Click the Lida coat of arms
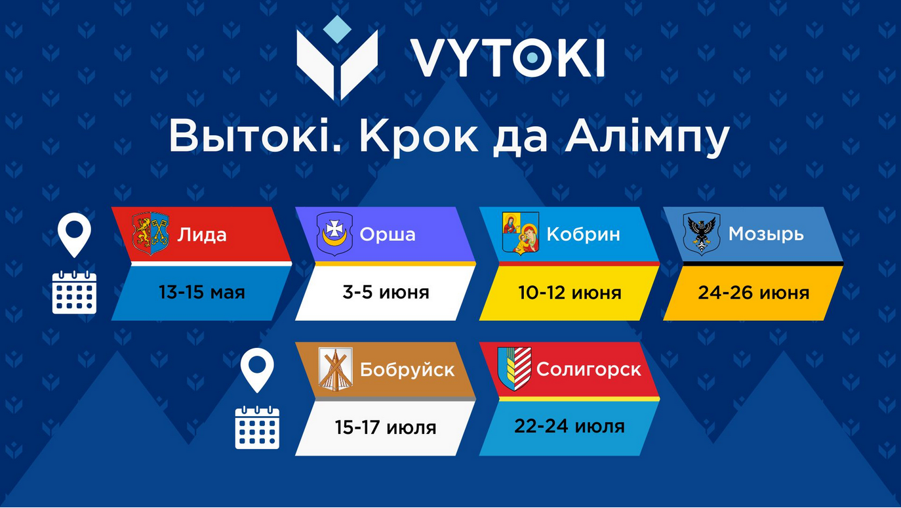(x=151, y=234)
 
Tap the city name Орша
(x=388, y=234)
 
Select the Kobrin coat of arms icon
(x=521, y=234)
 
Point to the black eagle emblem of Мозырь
(x=702, y=234)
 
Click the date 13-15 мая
(x=201, y=292)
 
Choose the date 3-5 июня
(x=386, y=292)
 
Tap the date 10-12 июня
(x=570, y=292)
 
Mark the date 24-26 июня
(x=753, y=292)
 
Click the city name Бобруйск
(x=407, y=370)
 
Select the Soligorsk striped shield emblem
(x=515, y=369)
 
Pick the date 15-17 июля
(x=386, y=427)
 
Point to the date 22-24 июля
(x=569, y=426)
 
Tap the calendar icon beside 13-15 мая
(x=74, y=292)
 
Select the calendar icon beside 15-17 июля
(x=257, y=427)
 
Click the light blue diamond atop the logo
(x=337, y=30)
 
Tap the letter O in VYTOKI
(x=532, y=58)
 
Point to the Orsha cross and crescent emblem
(x=334, y=234)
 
